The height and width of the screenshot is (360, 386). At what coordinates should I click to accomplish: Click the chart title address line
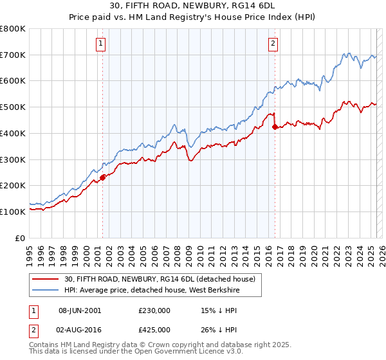[192, 7]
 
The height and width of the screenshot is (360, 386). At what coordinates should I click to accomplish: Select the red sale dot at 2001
[102, 177]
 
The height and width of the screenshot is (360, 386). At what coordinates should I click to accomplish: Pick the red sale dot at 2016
[275, 127]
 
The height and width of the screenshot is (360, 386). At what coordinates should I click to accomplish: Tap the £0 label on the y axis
[20, 238]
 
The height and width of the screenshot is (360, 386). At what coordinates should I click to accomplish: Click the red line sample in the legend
[45, 279]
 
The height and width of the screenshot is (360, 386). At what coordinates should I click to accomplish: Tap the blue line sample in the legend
[45, 290]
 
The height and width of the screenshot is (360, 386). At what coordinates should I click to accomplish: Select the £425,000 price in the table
[154, 330]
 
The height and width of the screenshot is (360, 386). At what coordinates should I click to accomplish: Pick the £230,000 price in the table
[154, 310]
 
